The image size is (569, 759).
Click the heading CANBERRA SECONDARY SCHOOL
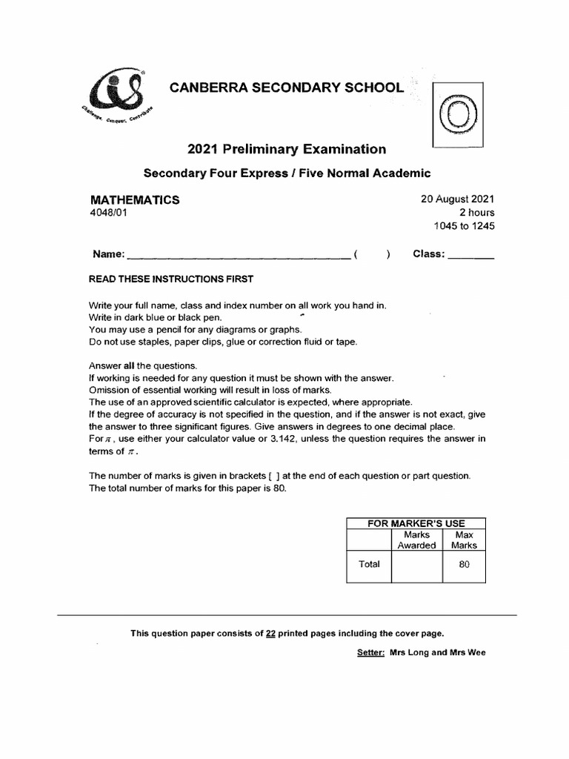(x=287, y=88)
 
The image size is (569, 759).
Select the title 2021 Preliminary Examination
(x=286, y=149)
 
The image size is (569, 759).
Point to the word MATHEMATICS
(x=134, y=200)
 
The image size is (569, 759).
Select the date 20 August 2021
(x=452, y=199)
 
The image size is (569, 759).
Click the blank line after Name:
(x=238, y=256)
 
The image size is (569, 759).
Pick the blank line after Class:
(x=471, y=256)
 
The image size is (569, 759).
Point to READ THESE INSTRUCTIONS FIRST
(x=170, y=279)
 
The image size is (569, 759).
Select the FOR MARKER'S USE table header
(x=416, y=523)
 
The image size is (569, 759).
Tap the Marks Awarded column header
(x=416, y=540)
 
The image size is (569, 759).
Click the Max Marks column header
(x=464, y=540)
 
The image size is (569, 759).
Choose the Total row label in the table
(x=369, y=564)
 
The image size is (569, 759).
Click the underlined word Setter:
(x=370, y=653)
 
